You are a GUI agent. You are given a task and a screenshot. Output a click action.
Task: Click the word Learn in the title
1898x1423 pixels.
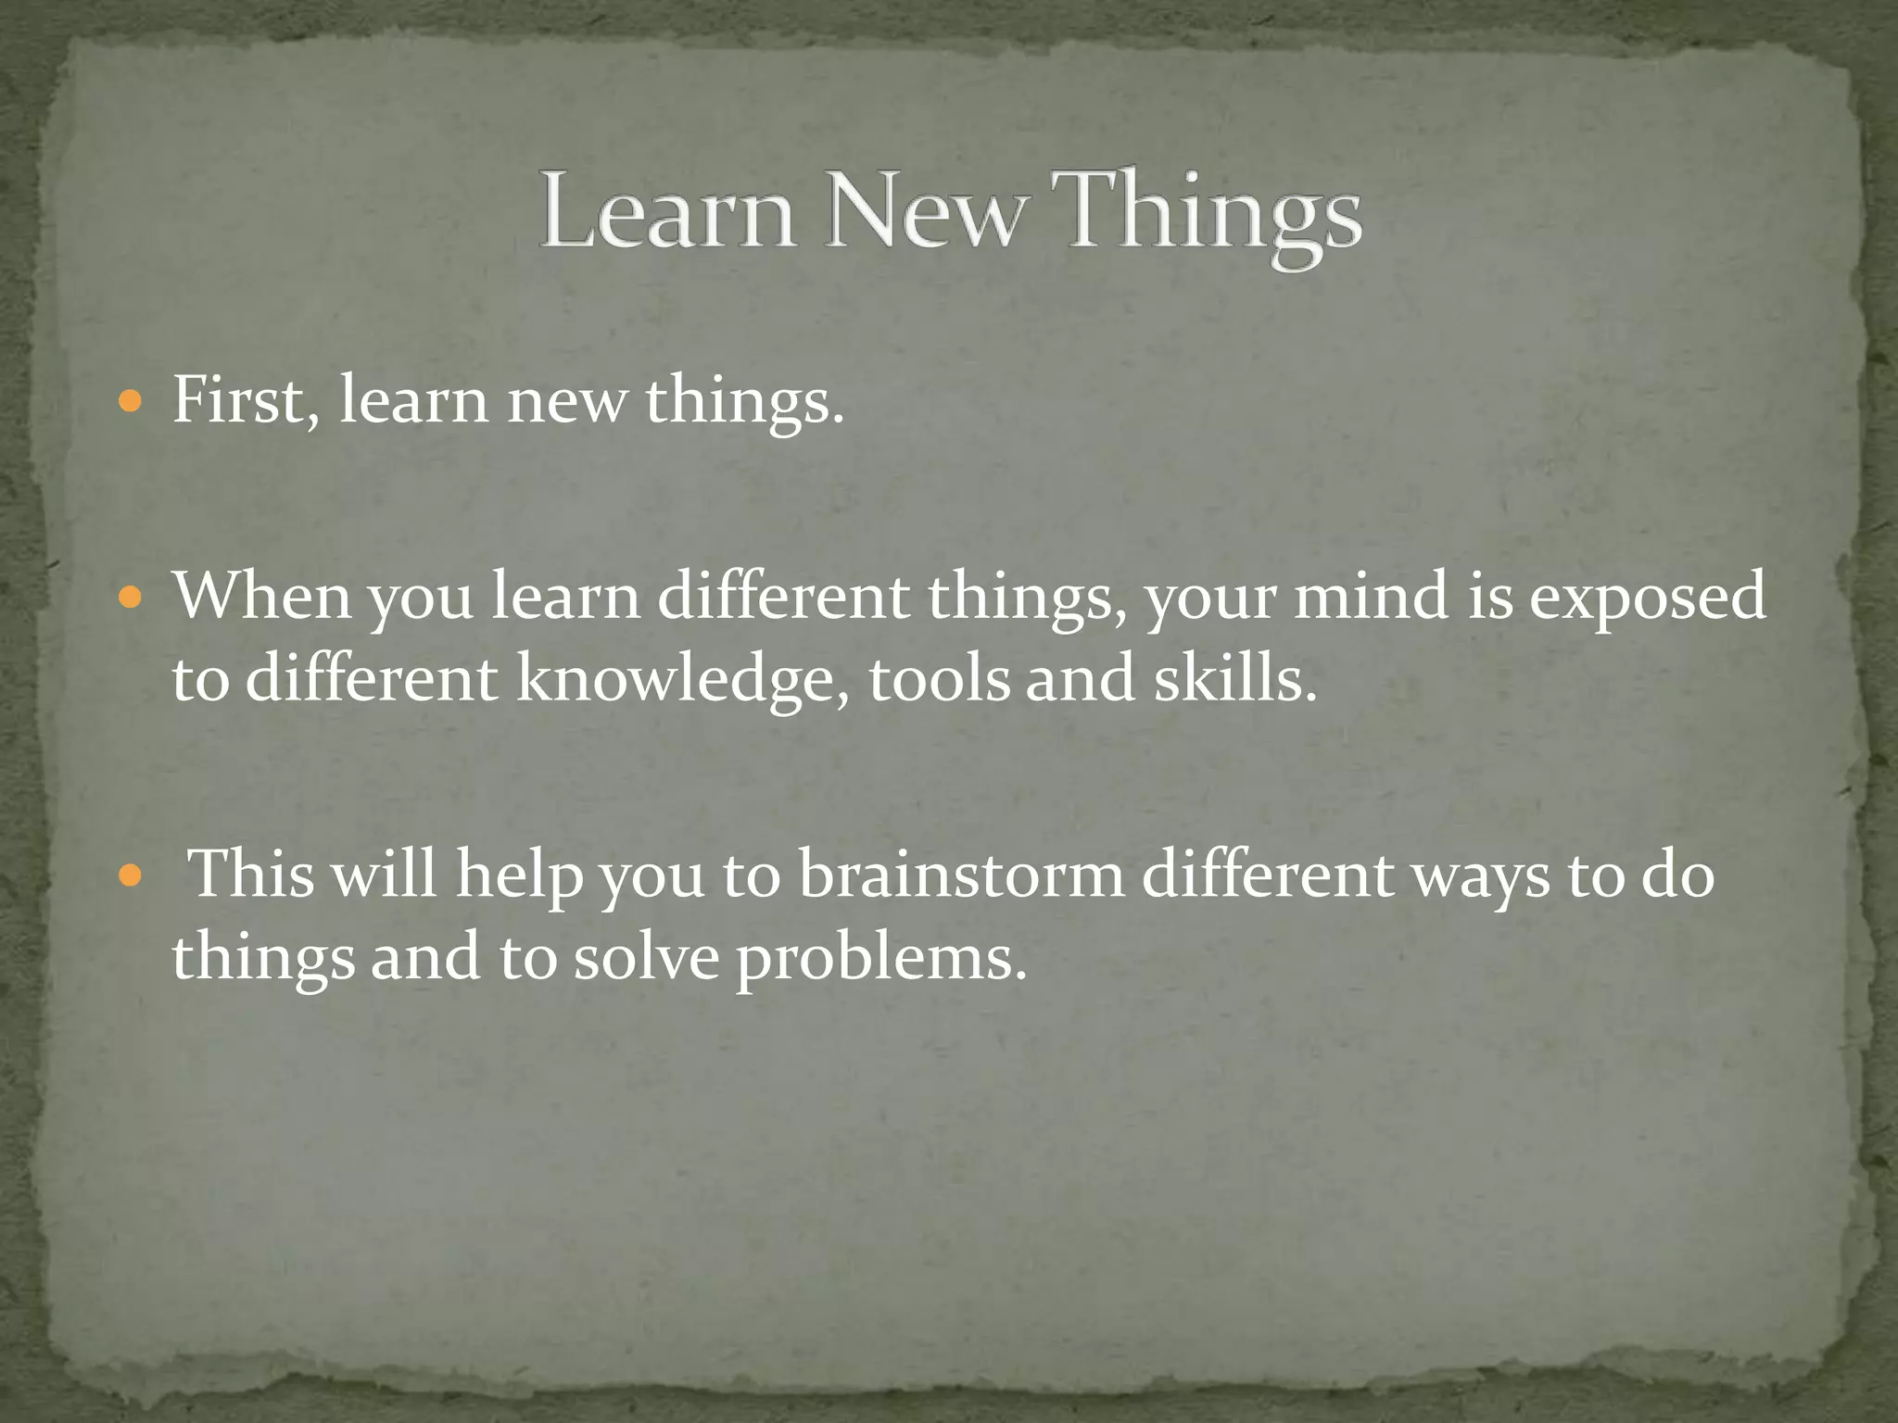(x=666, y=210)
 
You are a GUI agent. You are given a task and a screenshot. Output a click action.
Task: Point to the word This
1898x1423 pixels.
(x=251, y=873)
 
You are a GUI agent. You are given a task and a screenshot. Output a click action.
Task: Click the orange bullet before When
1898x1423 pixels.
(x=132, y=597)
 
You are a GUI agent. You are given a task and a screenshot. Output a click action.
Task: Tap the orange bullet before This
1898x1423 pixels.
(x=132, y=875)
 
